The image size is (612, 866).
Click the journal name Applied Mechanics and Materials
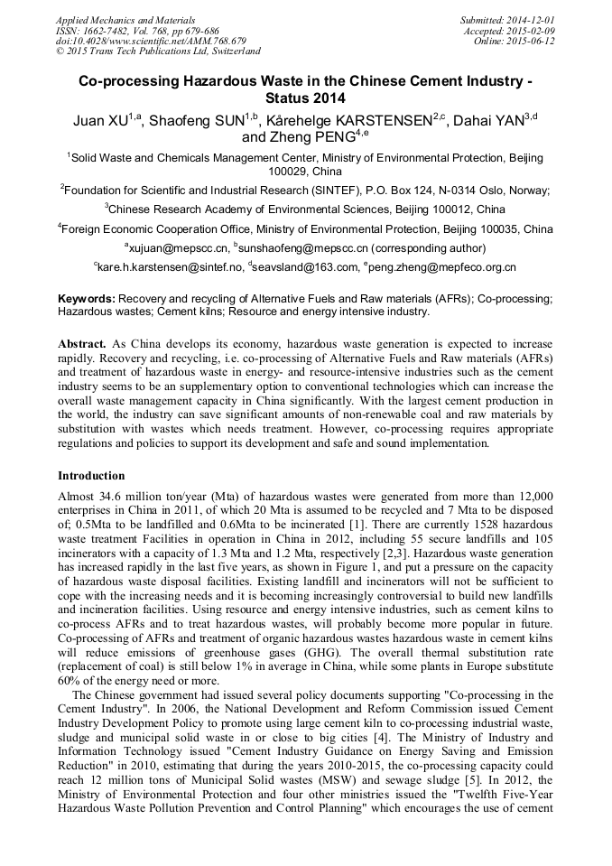125,20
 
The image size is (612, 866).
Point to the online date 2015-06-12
533,42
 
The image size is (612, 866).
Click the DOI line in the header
151,42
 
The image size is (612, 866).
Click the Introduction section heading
91,475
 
